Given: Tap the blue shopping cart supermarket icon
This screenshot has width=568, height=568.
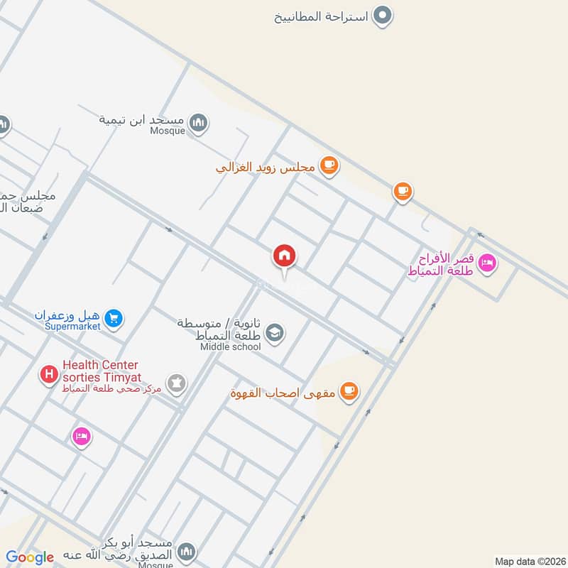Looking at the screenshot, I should (x=113, y=319).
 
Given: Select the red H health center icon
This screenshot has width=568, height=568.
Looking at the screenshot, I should (x=49, y=373).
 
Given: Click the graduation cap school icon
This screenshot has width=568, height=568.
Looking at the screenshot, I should (x=275, y=332).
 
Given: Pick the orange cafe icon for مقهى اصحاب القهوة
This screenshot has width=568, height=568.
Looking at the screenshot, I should (x=348, y=390).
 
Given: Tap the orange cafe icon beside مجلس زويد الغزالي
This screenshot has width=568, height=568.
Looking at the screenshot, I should (x=328, y=166).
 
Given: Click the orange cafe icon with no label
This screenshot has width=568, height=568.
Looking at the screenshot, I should (x=403, y=190).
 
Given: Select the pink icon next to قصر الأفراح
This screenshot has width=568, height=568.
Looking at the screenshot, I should (x=487, y=263).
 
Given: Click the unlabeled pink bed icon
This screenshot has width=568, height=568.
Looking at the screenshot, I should (x=82, y=435).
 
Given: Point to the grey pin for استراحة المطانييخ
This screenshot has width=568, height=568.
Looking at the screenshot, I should (x=383, y=15).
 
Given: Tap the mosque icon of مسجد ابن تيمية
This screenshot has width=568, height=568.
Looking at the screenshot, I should (x=200, y=124).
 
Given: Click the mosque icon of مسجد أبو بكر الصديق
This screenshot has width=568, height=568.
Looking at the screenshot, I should (x=186, y=552).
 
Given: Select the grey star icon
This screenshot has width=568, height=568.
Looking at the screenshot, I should (x=176, y=384).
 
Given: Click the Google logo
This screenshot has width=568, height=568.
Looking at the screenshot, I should (x=30, y=557).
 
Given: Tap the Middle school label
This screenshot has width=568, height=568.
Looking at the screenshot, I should (x=231, y=346).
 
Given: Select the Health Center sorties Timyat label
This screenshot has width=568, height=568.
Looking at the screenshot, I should (x=102, y=371).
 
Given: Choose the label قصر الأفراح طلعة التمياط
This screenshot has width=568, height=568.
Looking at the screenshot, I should (x=440, y=264).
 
